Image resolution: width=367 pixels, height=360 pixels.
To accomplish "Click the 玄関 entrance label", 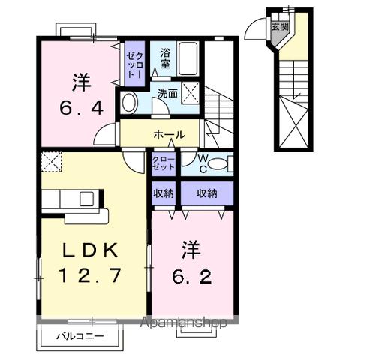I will click(x=279, y=25).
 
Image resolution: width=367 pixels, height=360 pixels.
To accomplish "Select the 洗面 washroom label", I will click(x=167, y=94).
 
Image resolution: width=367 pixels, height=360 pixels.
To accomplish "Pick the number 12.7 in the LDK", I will click(x=89, y=276).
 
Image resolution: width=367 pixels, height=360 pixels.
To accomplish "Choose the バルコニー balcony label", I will click(x=79, y=337).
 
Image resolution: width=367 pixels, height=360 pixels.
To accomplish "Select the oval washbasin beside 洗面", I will click(x=128, y=103).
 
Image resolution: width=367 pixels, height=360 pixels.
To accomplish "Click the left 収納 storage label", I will click(x=165, y=193).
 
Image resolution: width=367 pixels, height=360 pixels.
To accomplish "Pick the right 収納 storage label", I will click(x=207, y=193).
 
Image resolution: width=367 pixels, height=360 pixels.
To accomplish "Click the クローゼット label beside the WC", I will click(x=164, y=163).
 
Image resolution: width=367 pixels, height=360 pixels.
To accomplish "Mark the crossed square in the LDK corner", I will click(x=52, y=160).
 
